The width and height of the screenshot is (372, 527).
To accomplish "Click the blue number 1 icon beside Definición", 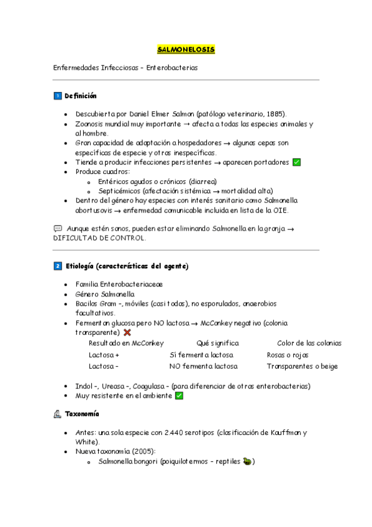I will pyautogui.click(x=57, y=96).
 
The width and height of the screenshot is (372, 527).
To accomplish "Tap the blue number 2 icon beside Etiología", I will pyautogui.click(x=57, y=266).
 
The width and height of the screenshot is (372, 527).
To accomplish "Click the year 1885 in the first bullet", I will pyautogui.click(x=274, y=114).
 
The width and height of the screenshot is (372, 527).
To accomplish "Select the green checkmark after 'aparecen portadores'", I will pyautogui.click(x=296, y=162).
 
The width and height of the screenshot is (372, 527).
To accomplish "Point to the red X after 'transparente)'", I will pyautogui.click(x=127, y=332).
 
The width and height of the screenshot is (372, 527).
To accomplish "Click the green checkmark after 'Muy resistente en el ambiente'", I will pyautogui.click(x=179, y=395).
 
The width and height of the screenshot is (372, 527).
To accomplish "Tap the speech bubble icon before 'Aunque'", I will pyautogui.click(x=58, y=229).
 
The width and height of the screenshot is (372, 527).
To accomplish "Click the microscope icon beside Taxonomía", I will pyautogui.click(x=57, y=414).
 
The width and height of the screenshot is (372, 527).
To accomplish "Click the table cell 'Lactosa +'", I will pyautogui.click(x=104, y=355).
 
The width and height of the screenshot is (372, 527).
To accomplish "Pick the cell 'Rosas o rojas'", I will pyautogui.click(x=288, y=355).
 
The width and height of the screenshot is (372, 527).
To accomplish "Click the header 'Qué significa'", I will pyautogui.click(x=217, y=343).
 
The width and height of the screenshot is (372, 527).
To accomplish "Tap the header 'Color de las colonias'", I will pyautogui.click(x=309, y=343).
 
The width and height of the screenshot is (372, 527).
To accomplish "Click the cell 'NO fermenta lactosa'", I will pyautogui.click(x=203, y=366).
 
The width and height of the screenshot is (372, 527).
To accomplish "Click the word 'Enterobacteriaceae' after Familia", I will pyautogui.click(x=135, y=284).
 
